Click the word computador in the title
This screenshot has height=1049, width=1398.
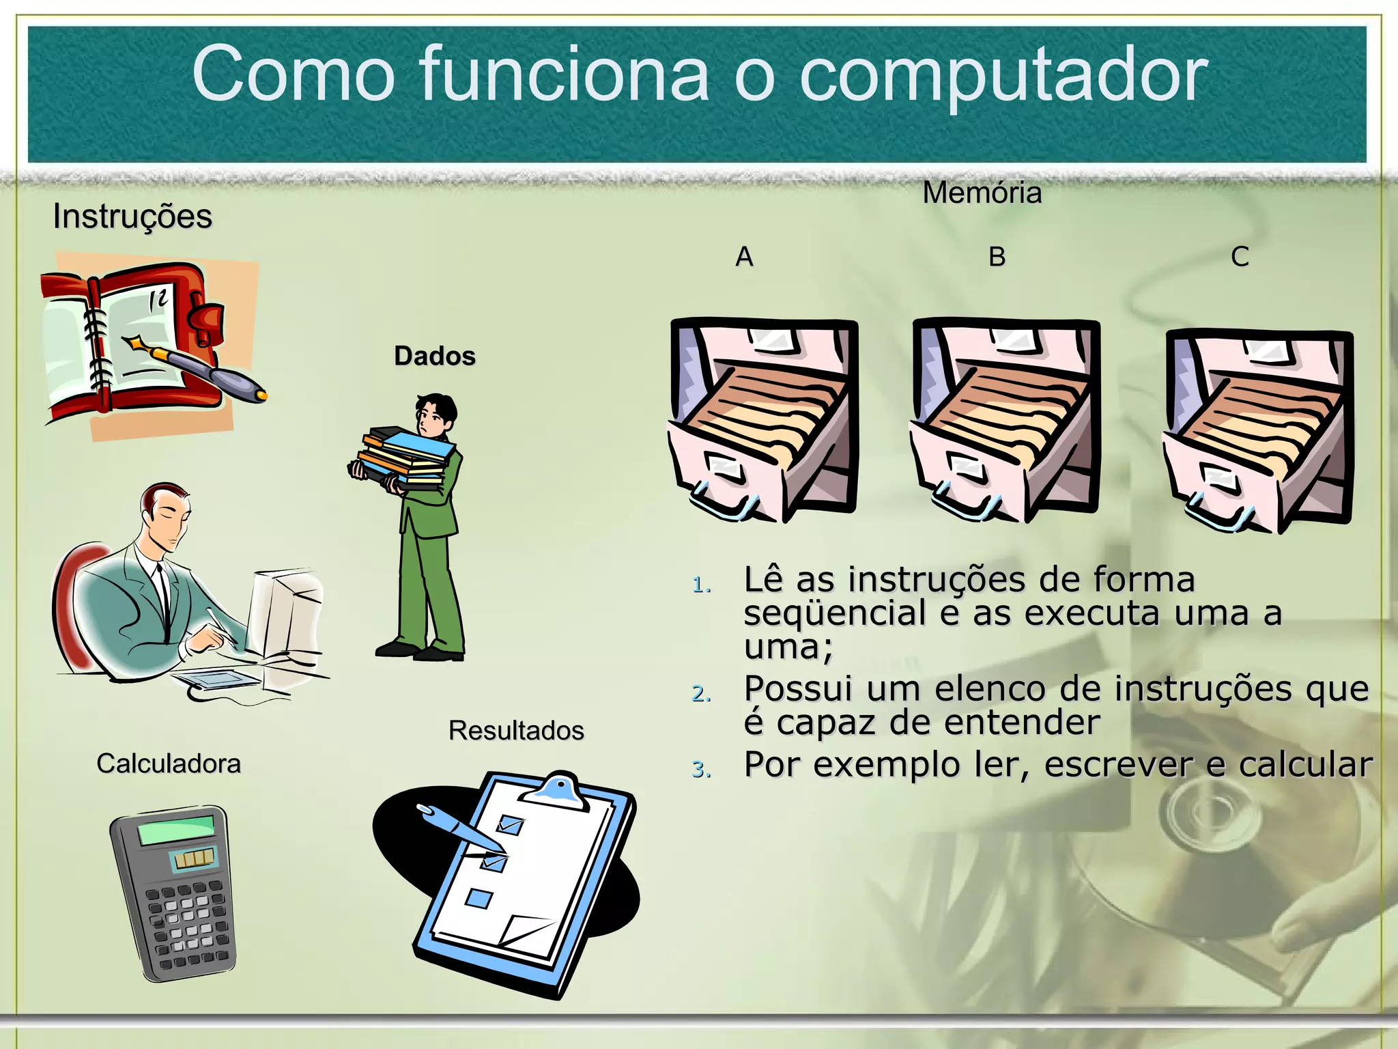[1003, 75]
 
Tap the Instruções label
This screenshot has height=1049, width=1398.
[132, 216]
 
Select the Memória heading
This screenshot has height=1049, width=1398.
[982, 193]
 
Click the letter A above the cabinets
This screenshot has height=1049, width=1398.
[744, 257]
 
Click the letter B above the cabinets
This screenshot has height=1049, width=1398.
[997, 257]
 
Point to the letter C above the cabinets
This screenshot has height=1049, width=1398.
[1240, 257]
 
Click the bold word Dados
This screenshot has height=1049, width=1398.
[434, 356]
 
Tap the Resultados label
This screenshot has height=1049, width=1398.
[516, 730]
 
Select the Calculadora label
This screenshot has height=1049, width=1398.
[169, 763]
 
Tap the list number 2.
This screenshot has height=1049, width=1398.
[701, 694]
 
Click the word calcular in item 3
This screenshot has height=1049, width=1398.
[1305, 765]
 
